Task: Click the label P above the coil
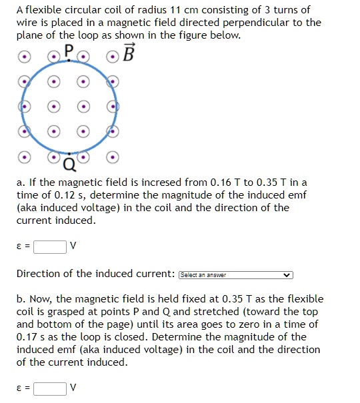coord(69,49)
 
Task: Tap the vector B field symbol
coord(129,51)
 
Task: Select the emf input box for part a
coord(49,246)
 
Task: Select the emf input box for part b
coord(49,388)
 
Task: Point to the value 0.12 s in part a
coord(65,195)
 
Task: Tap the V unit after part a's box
coord(73,246)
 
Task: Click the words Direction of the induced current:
coord(96,274)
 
